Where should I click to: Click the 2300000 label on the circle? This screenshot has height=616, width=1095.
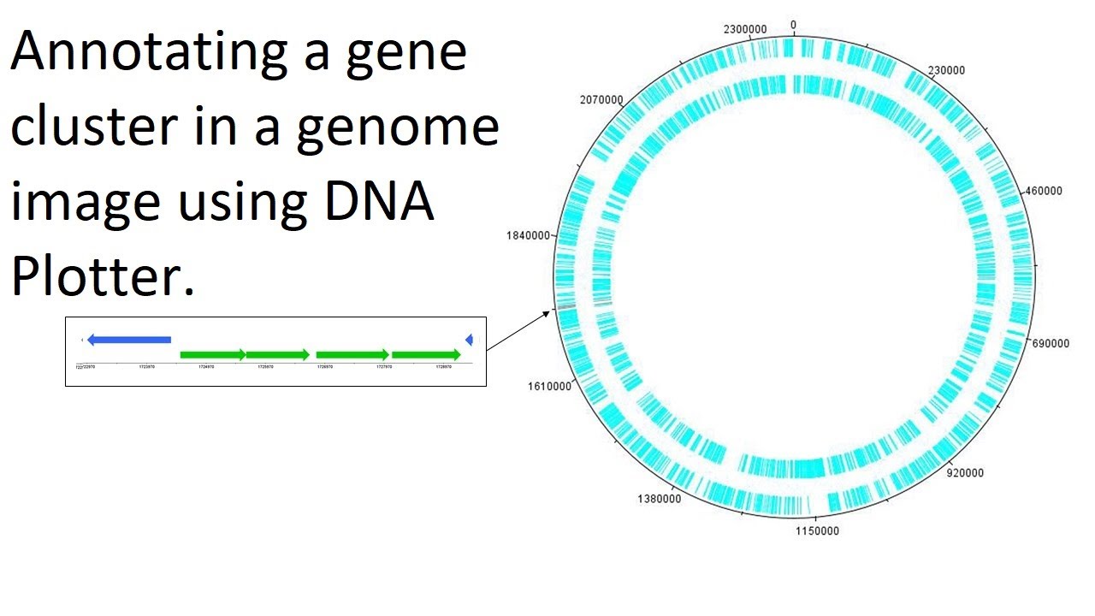click(745, 29)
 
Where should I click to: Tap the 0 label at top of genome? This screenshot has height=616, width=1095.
click(793, 25)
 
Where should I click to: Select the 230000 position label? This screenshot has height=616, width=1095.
click(946, 70)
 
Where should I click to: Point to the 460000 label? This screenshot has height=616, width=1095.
click(1043, 191)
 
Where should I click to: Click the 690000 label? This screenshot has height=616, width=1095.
click(1051, 343)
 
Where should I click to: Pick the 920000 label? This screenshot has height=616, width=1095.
click(965, 472)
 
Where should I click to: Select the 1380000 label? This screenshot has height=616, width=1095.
click(660, 498)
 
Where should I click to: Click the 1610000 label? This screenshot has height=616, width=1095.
click(549, 386)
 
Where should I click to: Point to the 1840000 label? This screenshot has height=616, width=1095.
click(529, 235)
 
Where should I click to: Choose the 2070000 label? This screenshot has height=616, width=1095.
click(601, 99)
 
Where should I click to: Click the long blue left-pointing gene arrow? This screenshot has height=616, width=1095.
click(129, 340)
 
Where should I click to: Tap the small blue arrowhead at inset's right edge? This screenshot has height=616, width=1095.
click(469, 341)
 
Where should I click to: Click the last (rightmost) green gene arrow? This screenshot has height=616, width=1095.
click(426, 354)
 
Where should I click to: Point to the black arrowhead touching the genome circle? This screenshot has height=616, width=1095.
click(548, 314)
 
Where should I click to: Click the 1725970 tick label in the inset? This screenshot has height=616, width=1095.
click(265, 367)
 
